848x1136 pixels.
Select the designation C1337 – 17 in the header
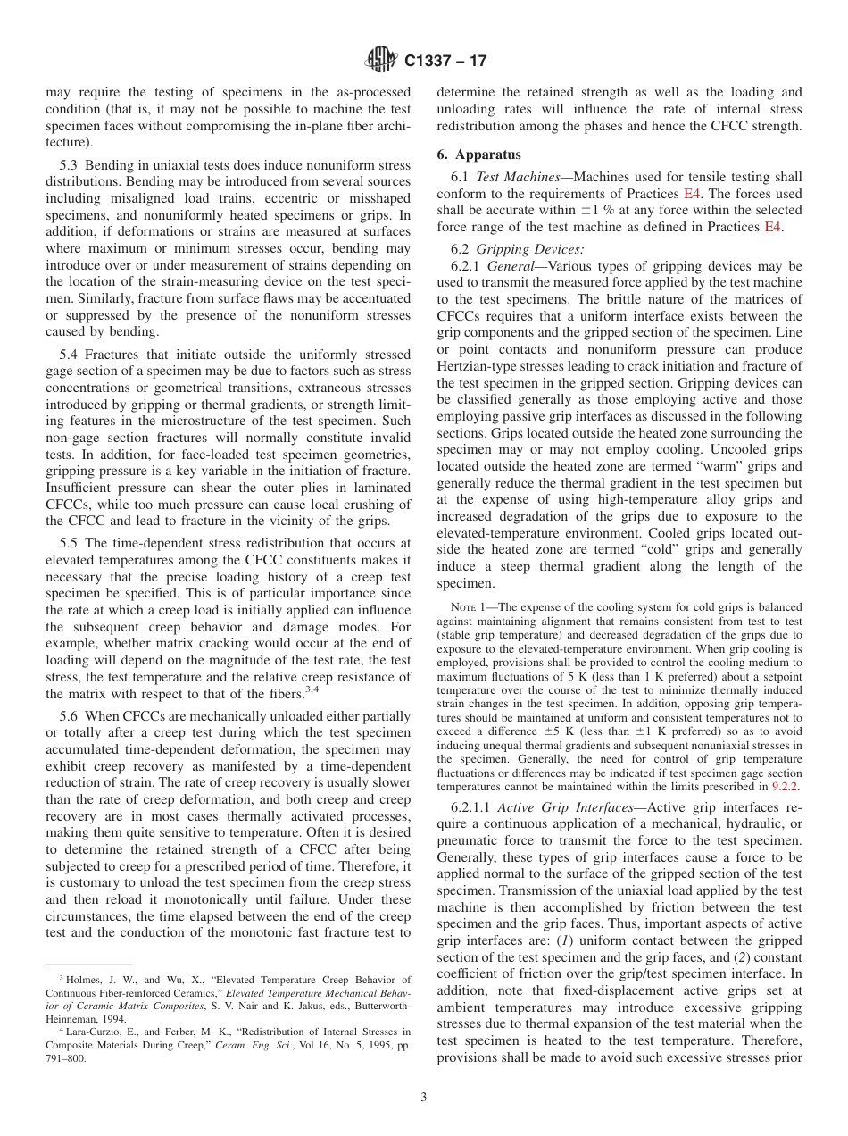click(x=445, y=62)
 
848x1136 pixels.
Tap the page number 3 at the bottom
click(x=424, y=1097)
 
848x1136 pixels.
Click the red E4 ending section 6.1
click(x=772, y=227)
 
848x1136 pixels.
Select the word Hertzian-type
click(x=479, y=366)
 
